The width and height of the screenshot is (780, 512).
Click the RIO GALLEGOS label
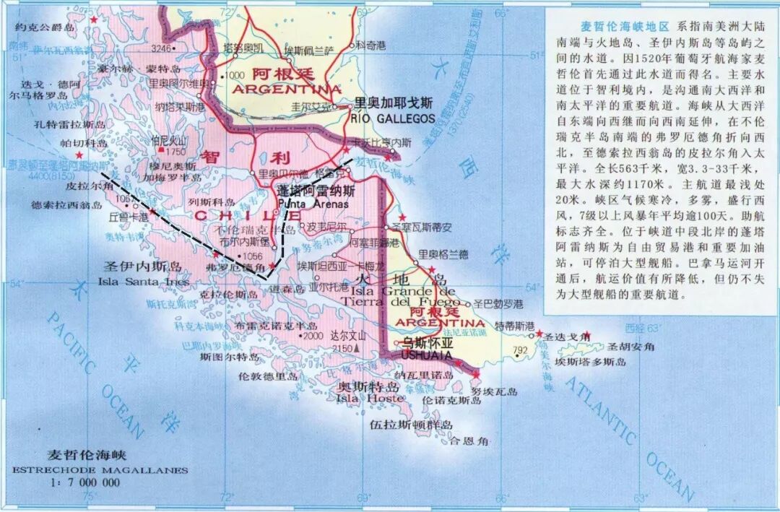394,118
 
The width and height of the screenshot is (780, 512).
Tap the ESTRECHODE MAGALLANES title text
100,470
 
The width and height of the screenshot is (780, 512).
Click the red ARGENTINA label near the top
287,89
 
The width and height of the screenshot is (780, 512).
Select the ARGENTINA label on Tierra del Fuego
441,321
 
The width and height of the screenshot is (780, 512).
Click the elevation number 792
520,352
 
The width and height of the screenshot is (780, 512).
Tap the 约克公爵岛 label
44,27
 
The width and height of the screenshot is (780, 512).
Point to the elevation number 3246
162,49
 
